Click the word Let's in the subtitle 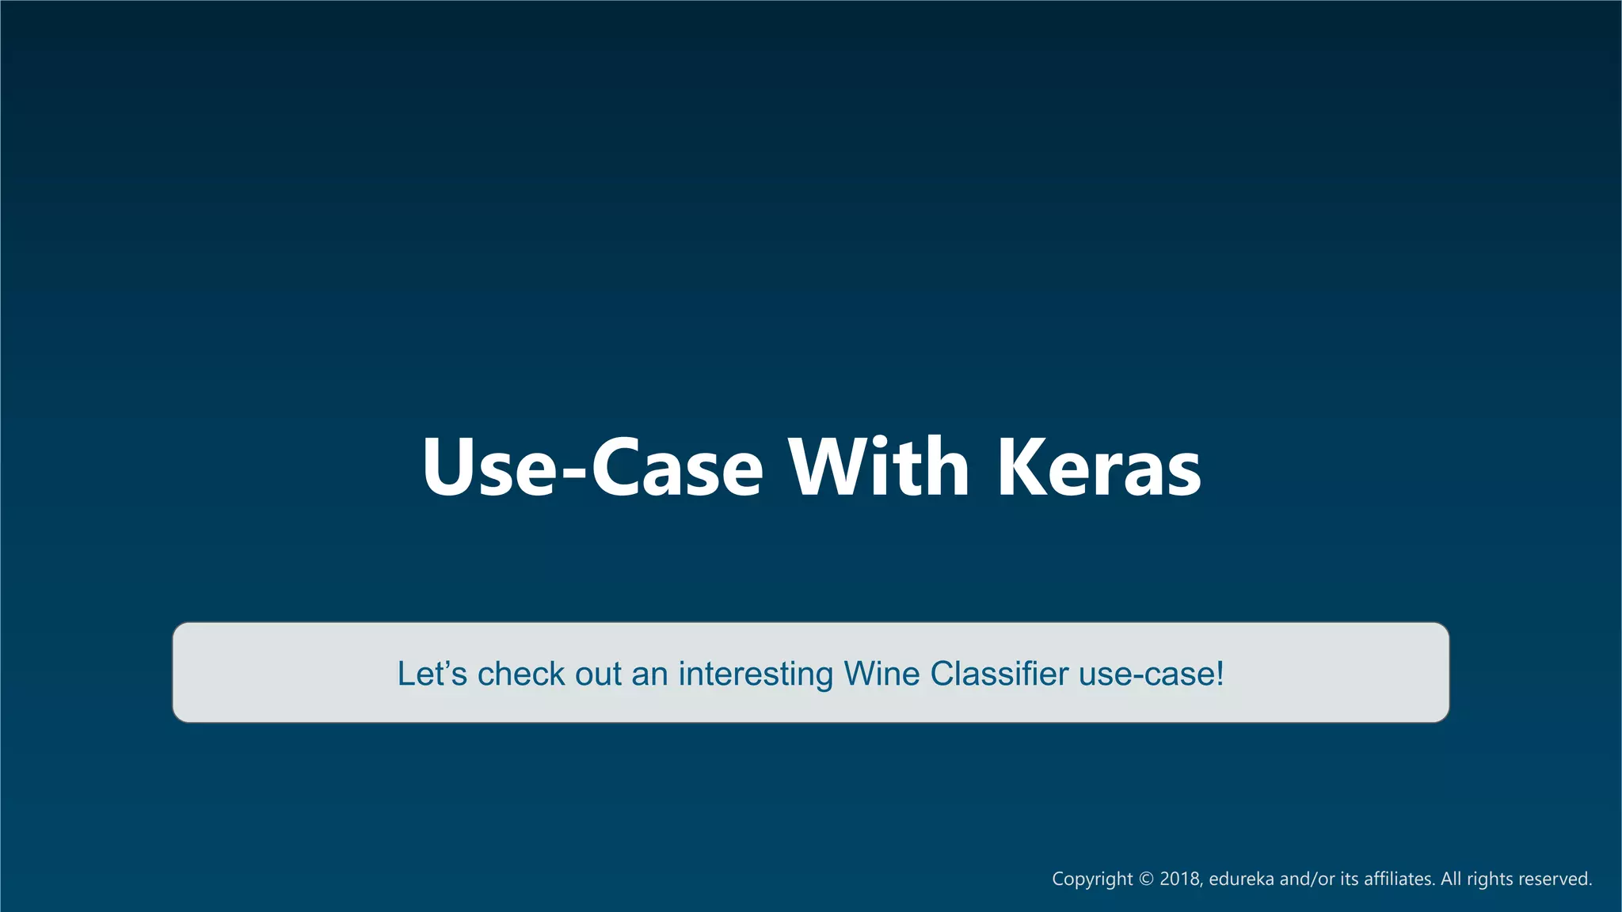click(432, 674)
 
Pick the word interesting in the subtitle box click(756, 674)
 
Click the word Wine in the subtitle click(881, 674)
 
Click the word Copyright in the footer click(1092, 879)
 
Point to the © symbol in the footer click(1146, 879)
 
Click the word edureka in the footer click(1241, 879)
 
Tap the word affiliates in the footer click(1399, 879)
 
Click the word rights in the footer click(1490, 880)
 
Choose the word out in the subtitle click(599, 674)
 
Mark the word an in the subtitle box click(649, 674)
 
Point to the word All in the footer click(1451, 879)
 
